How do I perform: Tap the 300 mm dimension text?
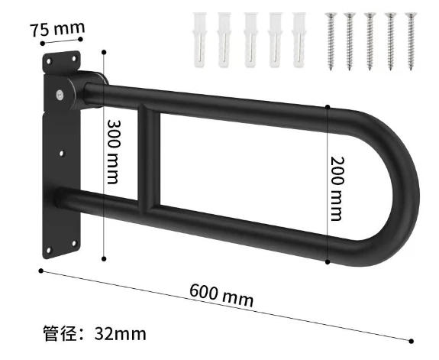coord(112,151)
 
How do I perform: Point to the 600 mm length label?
coord(221,294)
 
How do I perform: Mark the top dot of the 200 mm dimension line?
coord(328,106)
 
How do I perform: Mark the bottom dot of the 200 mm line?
coord(328,262)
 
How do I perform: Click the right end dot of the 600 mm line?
coord(412,341)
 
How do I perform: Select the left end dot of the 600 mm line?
coord(40,269)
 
